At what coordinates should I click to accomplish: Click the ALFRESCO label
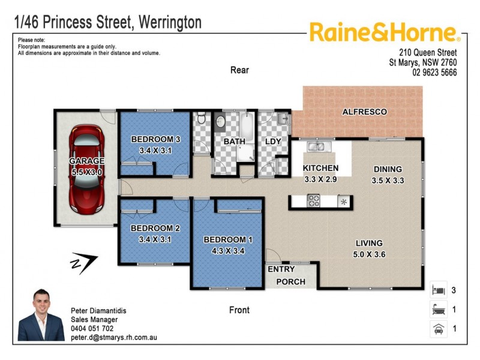[x=364, y=112]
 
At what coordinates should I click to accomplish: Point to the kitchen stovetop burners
[x=314, y=201]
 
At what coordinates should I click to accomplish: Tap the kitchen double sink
[x=316, y=146]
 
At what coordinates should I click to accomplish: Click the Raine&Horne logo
[x=384, y=33]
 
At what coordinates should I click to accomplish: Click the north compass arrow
[x=82, y=263]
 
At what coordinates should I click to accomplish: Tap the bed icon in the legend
[x=438, y=290]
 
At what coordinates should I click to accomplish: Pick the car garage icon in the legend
[x=438, y=329]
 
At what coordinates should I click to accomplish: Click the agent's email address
[x=113, y=338]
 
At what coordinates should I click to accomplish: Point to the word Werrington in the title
[x=170, y=23]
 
